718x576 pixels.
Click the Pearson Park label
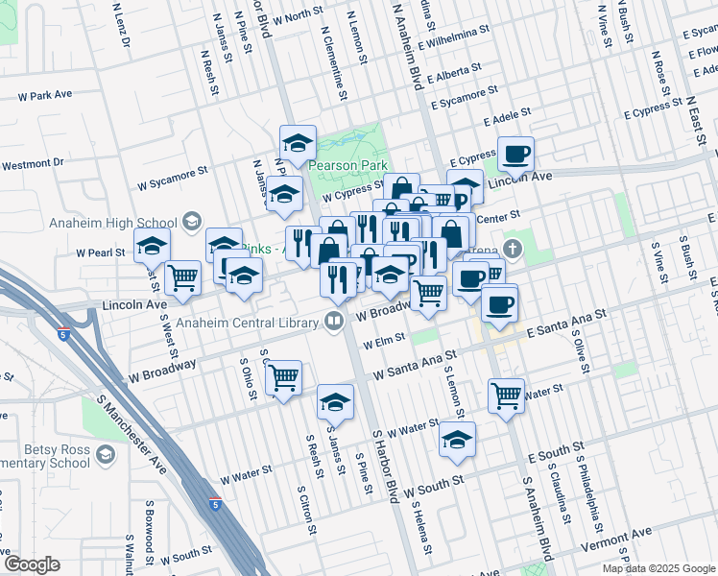pos(347,165)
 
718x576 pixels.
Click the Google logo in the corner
pos(32,564)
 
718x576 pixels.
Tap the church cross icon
pos(515,248)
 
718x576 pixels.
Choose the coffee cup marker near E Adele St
pos(515,154)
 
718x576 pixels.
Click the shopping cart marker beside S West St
pos(182,278)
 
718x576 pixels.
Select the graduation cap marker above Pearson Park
pos(299,142)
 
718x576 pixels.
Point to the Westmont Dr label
pos(32,164)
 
